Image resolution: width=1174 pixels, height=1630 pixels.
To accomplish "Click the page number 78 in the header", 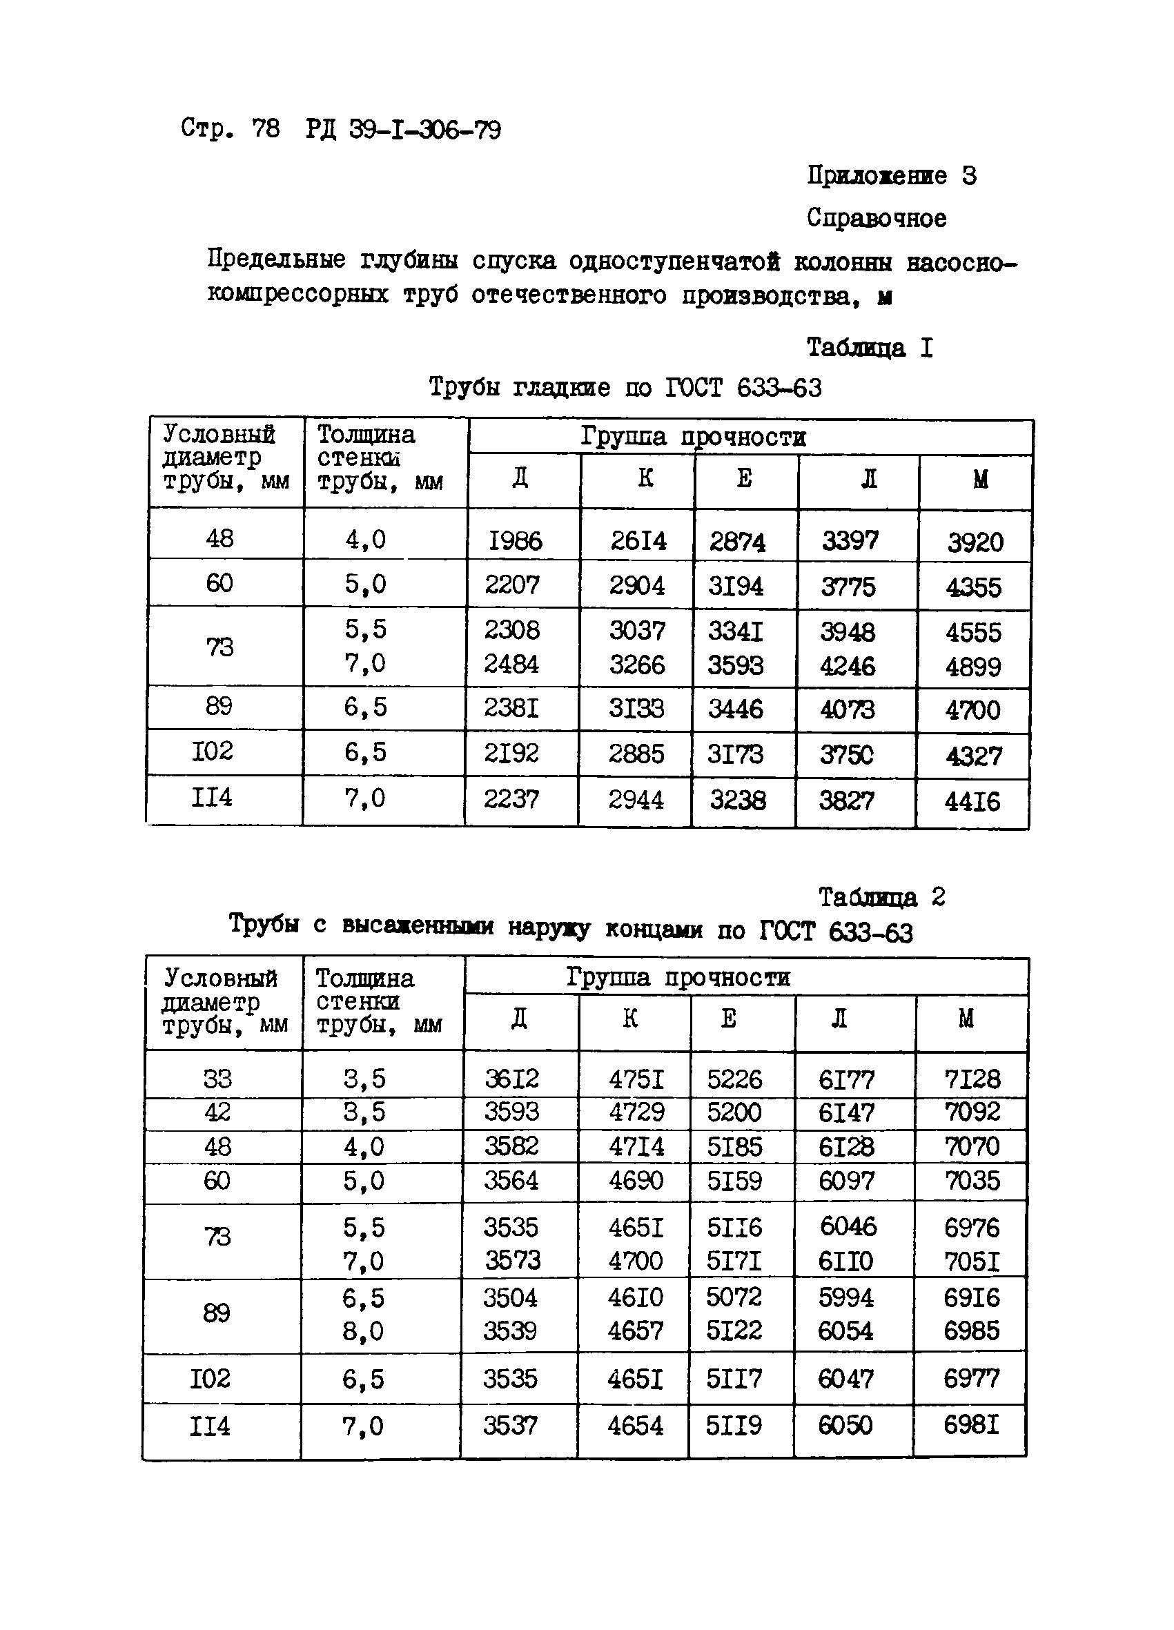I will tap(265, 129).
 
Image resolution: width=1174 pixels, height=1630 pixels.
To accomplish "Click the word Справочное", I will tap(876, 218).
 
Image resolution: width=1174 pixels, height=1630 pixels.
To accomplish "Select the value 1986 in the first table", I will tap(515, 540).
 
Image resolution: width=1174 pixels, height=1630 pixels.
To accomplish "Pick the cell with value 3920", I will tap(975, 542).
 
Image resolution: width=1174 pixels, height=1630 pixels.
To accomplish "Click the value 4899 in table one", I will tap(972, 667).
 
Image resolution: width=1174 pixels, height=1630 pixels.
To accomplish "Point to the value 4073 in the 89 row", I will tap(847, 710).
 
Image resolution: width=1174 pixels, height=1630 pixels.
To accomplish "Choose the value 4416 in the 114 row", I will tap(972, 801).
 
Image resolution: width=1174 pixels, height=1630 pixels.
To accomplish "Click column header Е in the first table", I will tap(744, 478).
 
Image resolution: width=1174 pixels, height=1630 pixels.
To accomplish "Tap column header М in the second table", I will tap(966, 1019).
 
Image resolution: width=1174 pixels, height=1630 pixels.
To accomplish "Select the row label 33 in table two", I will tap(217, 1079).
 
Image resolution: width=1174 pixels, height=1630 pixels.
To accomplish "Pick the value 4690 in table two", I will tap(636, 1180).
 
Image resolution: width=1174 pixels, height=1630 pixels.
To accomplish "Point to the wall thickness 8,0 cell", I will tap(363, 1331).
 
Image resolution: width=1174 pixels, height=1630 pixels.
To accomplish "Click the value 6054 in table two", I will tap(845, 1330).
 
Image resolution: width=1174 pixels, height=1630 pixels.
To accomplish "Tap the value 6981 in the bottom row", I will tap(971, 1424).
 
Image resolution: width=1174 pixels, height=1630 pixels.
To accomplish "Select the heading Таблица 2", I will tap(881, 897).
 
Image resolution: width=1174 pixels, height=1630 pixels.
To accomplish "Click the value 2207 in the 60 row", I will tap(511, 585).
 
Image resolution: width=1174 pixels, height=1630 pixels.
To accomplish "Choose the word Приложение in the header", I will tap(876, 175).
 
